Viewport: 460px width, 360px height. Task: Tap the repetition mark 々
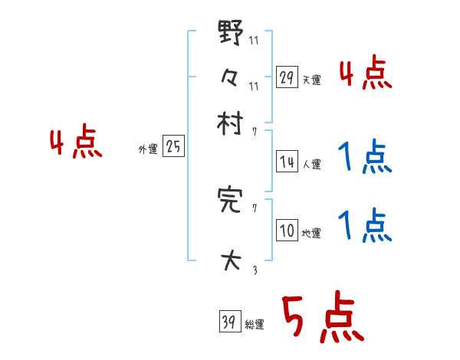tap(230, 77)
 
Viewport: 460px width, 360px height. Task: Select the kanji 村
tap(230, 123)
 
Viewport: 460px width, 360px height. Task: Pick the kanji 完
tap(230, 201)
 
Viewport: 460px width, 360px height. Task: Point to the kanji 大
tap(230, 260)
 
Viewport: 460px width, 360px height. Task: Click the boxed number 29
tap(287, 77)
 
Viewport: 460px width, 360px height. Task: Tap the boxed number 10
tap(287, 231)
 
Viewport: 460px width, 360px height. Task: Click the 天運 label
tap(312, 80)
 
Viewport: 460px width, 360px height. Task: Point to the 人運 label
tap(312, 163)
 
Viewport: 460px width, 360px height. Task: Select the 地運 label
tap(312, 233)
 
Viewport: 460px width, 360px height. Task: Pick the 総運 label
tap(255, 325)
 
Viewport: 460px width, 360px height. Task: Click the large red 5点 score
tap(322, 319)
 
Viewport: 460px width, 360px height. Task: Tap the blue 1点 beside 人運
tap(366, 158)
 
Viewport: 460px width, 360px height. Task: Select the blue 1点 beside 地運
tap(366, 226)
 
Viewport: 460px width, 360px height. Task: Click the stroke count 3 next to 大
tap(254, 269)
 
